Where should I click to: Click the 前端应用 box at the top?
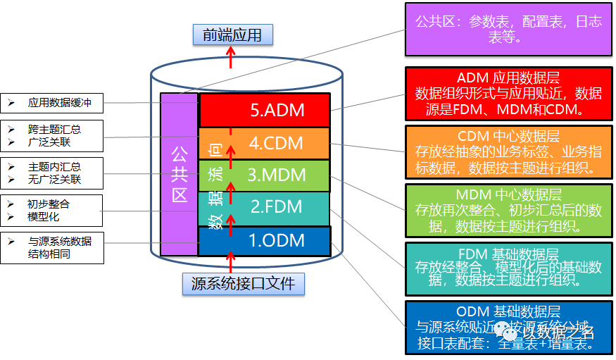click(232, 35)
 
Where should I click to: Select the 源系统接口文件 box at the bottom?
click(238, 284)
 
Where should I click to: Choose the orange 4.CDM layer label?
click(275, 143)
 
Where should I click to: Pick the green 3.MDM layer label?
click(275, 175)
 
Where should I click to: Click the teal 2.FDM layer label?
click(276, 207)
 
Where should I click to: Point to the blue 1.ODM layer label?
click(276, 240)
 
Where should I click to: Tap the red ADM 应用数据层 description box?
click(508, 93)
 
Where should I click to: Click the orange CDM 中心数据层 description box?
click(508, 151)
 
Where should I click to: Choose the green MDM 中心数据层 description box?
click(508, 210)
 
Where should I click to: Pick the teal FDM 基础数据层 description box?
click(508, 268)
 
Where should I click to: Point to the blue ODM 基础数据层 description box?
click(508, 327)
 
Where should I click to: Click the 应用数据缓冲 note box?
click(51, 103)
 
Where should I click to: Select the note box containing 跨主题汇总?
click(51, 136)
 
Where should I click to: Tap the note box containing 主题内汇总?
click(51, 173)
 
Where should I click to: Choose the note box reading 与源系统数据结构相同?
click(51, 247)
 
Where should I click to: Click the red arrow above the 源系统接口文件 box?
click(230, 263)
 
